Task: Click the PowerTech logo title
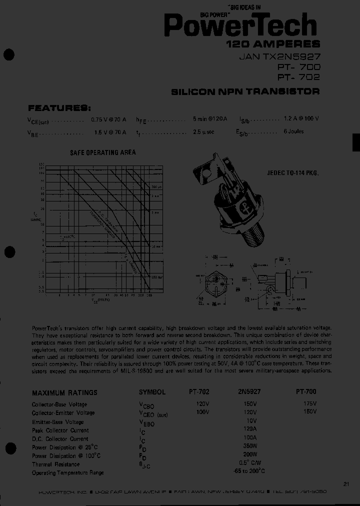240,24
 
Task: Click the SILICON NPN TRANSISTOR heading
245,91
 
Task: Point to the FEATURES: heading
59,108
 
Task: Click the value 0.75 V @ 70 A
108,120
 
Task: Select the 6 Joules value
293,132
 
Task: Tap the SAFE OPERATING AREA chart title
102,152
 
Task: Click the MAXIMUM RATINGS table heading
64,393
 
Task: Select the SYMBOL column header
152,392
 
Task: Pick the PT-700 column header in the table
306,392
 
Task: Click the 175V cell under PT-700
310,403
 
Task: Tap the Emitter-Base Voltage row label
57,421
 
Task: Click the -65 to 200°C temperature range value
248,471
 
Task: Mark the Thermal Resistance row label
56,464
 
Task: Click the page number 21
346,483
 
